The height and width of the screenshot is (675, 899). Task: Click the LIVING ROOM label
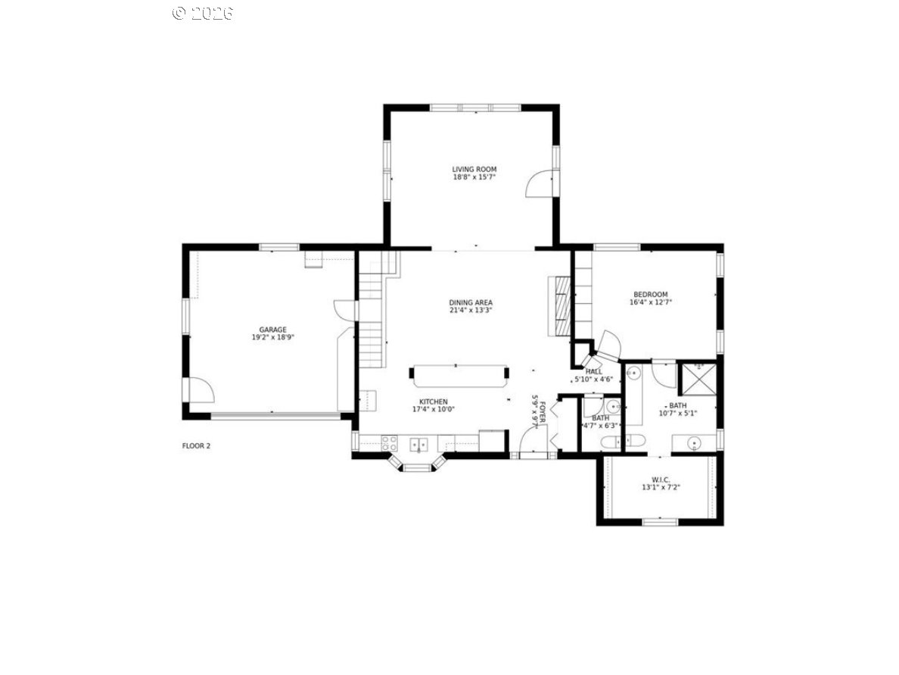click(474, 169)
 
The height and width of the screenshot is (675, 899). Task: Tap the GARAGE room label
click(272, 330)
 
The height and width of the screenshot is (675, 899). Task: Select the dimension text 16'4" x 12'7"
click(650, 302)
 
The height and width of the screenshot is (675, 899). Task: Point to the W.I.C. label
click(661, 480)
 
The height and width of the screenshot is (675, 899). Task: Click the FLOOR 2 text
click(196, 445)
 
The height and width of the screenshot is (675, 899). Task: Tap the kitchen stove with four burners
click(389, 443)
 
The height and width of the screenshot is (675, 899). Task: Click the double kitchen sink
click(418, 444)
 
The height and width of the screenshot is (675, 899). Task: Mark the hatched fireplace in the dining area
click(560, 305)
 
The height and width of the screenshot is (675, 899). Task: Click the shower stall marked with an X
click(697, 379)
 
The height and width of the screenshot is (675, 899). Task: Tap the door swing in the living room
click(541, 184)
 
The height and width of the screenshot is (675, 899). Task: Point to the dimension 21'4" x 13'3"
click(471, 310)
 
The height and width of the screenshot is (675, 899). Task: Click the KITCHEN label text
click(434, 402)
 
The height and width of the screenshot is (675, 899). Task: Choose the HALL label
click(594, 371)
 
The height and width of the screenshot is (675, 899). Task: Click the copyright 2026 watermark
click(202, 13)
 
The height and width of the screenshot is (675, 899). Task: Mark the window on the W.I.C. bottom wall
click(660, 521)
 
